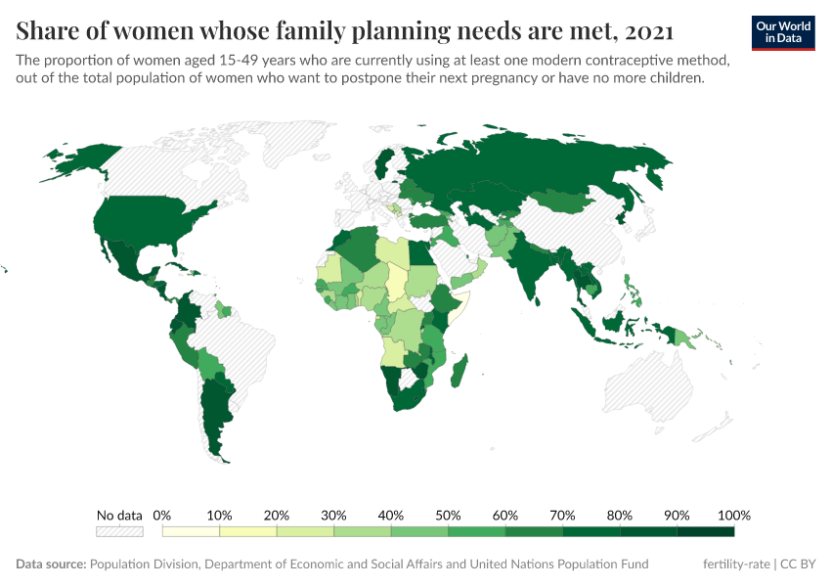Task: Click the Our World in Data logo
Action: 783,32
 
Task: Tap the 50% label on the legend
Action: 448,515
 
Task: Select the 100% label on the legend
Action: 733,515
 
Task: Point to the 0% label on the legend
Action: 163,515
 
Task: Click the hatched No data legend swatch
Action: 119,531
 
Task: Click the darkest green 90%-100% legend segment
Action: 705,531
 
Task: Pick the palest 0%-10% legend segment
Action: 192,531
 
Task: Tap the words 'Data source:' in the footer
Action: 51,564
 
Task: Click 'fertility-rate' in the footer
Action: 736,564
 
